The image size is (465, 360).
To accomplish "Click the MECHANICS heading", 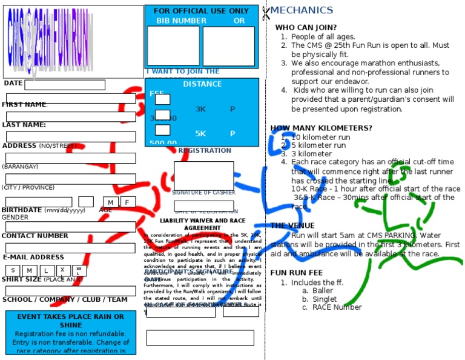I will [x=302, y=10].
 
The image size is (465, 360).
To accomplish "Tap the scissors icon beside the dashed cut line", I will [x=266, y=13].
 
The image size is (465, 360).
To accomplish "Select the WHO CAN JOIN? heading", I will [x=306, y=27].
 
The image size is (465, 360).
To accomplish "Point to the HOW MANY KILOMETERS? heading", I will [x=321, y=128].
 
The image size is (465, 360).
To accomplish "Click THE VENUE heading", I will [x=292, y=225].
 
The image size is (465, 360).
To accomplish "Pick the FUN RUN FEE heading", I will [x=296, y=273].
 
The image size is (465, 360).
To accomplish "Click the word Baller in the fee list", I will [x=323, y=291].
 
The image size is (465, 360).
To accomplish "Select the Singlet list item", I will [x=325, y=299].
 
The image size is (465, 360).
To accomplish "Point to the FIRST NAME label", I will [x=24, y=104].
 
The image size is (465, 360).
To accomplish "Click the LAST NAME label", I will [x=24, y=125].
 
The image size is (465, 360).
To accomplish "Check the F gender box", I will [x=127, y=202].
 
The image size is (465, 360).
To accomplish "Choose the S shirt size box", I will [x=13, y=270].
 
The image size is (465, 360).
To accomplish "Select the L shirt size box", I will [x=45, y=270].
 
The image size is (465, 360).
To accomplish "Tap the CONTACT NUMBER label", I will [x=35, y=236].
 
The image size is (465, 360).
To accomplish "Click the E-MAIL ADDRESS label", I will [x=33, y=257].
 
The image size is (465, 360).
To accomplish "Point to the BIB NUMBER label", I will [x=181, y=21].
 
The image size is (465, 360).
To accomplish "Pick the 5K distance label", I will [x=200, y=133].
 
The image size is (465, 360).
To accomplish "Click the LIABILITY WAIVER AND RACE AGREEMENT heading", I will [x=202, y=224].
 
